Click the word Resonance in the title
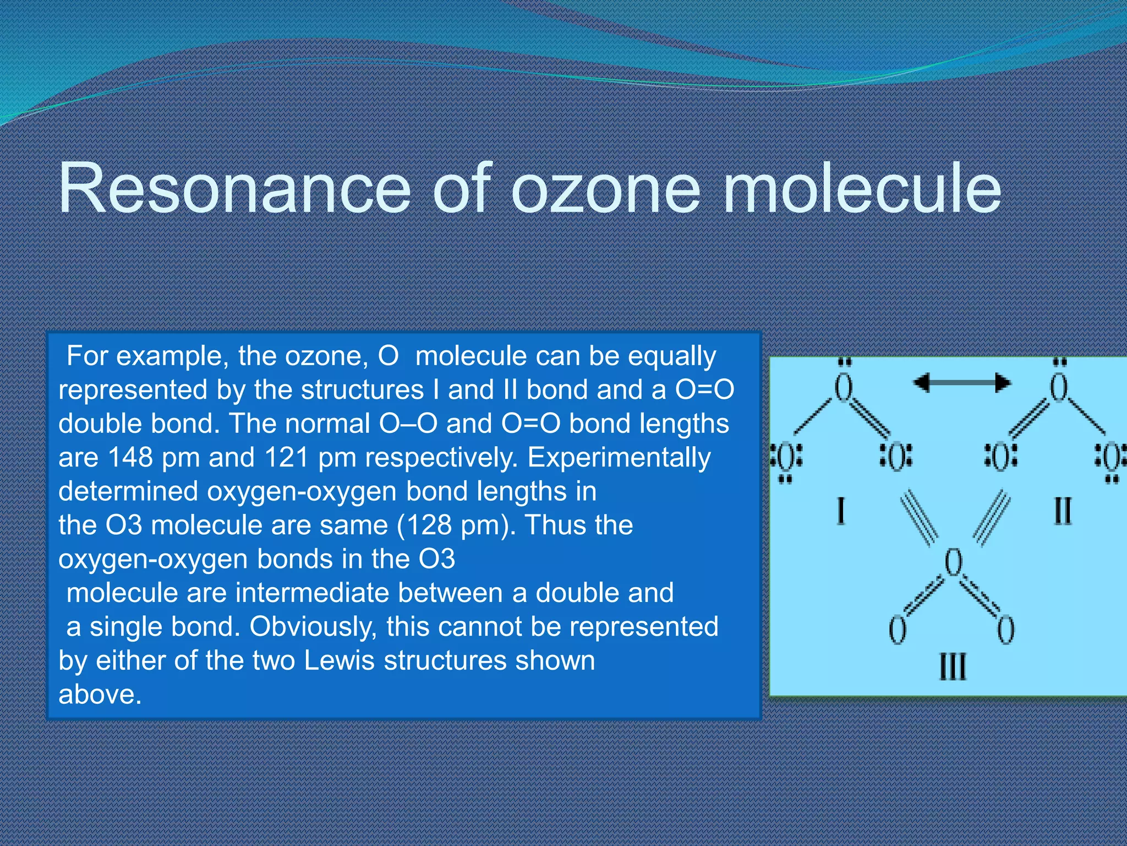(234, 188)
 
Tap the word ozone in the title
(606, 188)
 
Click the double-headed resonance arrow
(961, 382)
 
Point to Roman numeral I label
(840, 511)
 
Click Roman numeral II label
(1062, 511)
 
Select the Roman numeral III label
(952, 666)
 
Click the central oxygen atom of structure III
(953, 563)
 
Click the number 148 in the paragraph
(130, 457)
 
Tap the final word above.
(100, 695)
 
